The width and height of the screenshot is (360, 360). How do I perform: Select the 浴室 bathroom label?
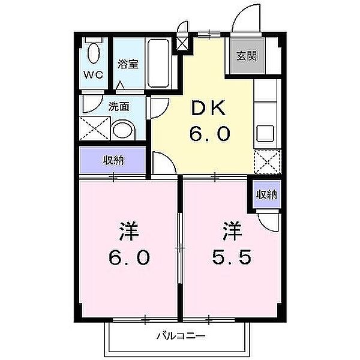pos(128,64)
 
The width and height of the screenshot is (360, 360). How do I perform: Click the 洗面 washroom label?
pos(119,107)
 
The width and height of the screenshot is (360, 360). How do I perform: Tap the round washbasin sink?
pos(124,130)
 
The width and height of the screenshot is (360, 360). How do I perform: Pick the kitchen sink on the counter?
pos(264,133)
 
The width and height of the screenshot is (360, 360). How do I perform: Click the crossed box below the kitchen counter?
pos(266,161)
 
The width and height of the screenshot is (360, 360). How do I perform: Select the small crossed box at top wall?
pos(182,43)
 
